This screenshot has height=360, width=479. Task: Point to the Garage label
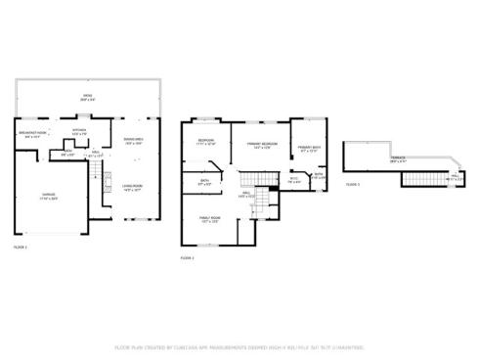[x=48, y=197]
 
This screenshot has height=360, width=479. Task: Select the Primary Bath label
[x=310, y=150]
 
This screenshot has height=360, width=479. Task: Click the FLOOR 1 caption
[x=20, y=248]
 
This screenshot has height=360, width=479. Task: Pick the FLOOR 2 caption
[x=188, y=257]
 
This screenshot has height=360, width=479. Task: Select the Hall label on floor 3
[x=456, y=178]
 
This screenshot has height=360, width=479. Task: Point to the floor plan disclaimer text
[x=239, y=346]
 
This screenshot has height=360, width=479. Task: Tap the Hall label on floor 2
[x=248, y=195]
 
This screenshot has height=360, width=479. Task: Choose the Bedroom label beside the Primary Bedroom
[x=206, y=142]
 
